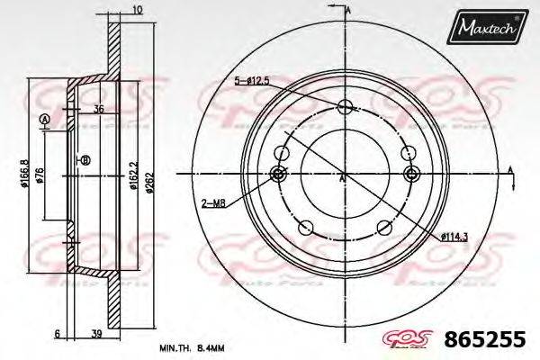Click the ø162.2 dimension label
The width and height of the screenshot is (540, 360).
[134, 172]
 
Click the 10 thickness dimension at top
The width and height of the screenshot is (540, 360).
[137, 10]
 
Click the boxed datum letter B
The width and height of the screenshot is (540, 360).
[85, 161]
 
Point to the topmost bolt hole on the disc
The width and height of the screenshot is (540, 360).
[345, 109]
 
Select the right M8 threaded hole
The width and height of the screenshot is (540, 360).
[412, 174]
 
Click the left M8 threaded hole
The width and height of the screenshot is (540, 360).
[278, 174]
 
